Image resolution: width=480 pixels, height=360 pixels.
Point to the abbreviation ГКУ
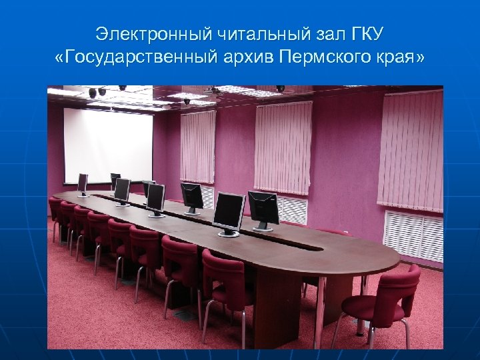point(367,33)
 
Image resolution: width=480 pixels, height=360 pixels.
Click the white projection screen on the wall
point(107,145)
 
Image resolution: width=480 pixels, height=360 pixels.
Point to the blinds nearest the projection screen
point(198,147)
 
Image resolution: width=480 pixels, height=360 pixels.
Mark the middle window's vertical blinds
point(283,147)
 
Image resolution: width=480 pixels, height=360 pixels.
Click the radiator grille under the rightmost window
point(413,235)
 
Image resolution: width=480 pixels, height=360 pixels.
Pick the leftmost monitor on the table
point(83,183)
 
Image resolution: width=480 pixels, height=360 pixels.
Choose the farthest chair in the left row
point(55,209)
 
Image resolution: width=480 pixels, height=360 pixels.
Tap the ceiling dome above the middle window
point(280,89)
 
